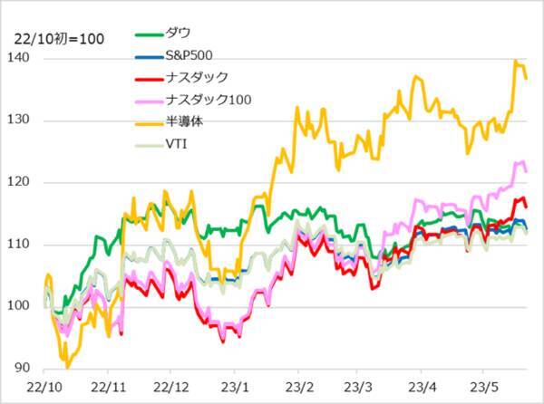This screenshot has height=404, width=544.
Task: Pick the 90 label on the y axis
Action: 29,368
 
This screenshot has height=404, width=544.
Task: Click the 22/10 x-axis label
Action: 45,385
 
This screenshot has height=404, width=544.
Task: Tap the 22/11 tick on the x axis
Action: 109,385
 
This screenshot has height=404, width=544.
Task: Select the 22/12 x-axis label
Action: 172,385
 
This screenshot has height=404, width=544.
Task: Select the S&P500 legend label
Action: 190,55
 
